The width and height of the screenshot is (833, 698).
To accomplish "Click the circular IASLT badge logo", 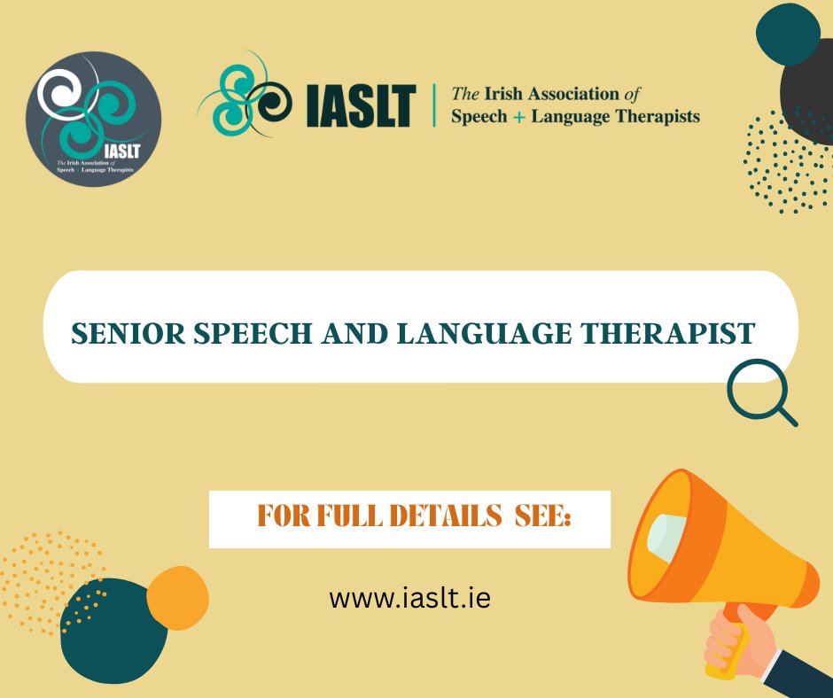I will tap(93, 119).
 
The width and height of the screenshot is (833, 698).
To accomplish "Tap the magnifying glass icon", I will tap(760, 394).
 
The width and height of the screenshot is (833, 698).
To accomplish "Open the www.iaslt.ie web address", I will tap(409, 598).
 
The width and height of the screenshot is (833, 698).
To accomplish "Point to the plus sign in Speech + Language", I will tap(518, 116).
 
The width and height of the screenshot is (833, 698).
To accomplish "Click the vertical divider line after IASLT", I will tap(433, 105).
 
